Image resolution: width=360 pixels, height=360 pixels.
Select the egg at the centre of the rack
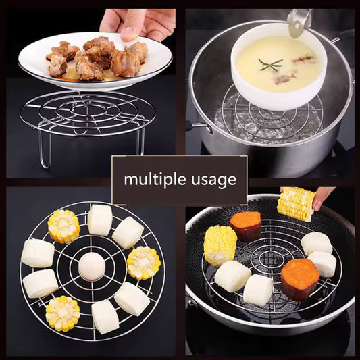[91, 266]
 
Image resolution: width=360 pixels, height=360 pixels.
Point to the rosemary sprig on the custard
[270, 64]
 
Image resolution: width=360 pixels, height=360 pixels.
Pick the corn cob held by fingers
[297, 203]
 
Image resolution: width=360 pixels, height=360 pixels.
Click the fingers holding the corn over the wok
[323, 196]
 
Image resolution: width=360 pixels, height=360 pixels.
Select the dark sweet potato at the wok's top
[245, 225]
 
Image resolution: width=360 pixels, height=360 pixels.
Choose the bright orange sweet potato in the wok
[299, 278]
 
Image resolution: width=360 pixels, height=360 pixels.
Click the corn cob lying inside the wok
[220, 245]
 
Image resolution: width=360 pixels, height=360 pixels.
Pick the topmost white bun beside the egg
[100, 220]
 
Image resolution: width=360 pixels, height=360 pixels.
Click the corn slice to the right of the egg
[143, 263]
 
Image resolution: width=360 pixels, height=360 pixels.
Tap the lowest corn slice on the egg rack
[62, 313]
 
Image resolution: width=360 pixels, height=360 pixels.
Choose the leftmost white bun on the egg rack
[37, 253]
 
